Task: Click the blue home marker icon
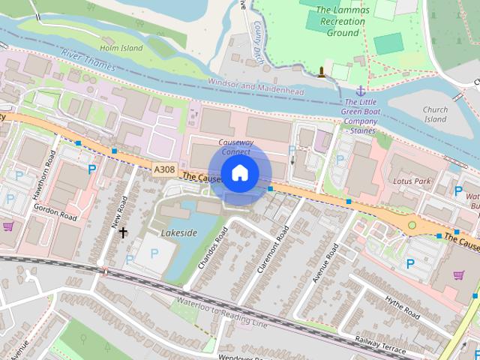point(238,173)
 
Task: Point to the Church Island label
point(435,114)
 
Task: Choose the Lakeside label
point(178,232)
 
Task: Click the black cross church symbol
point(123,232)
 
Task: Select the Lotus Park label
point(412,181)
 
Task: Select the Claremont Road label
point(271,252)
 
